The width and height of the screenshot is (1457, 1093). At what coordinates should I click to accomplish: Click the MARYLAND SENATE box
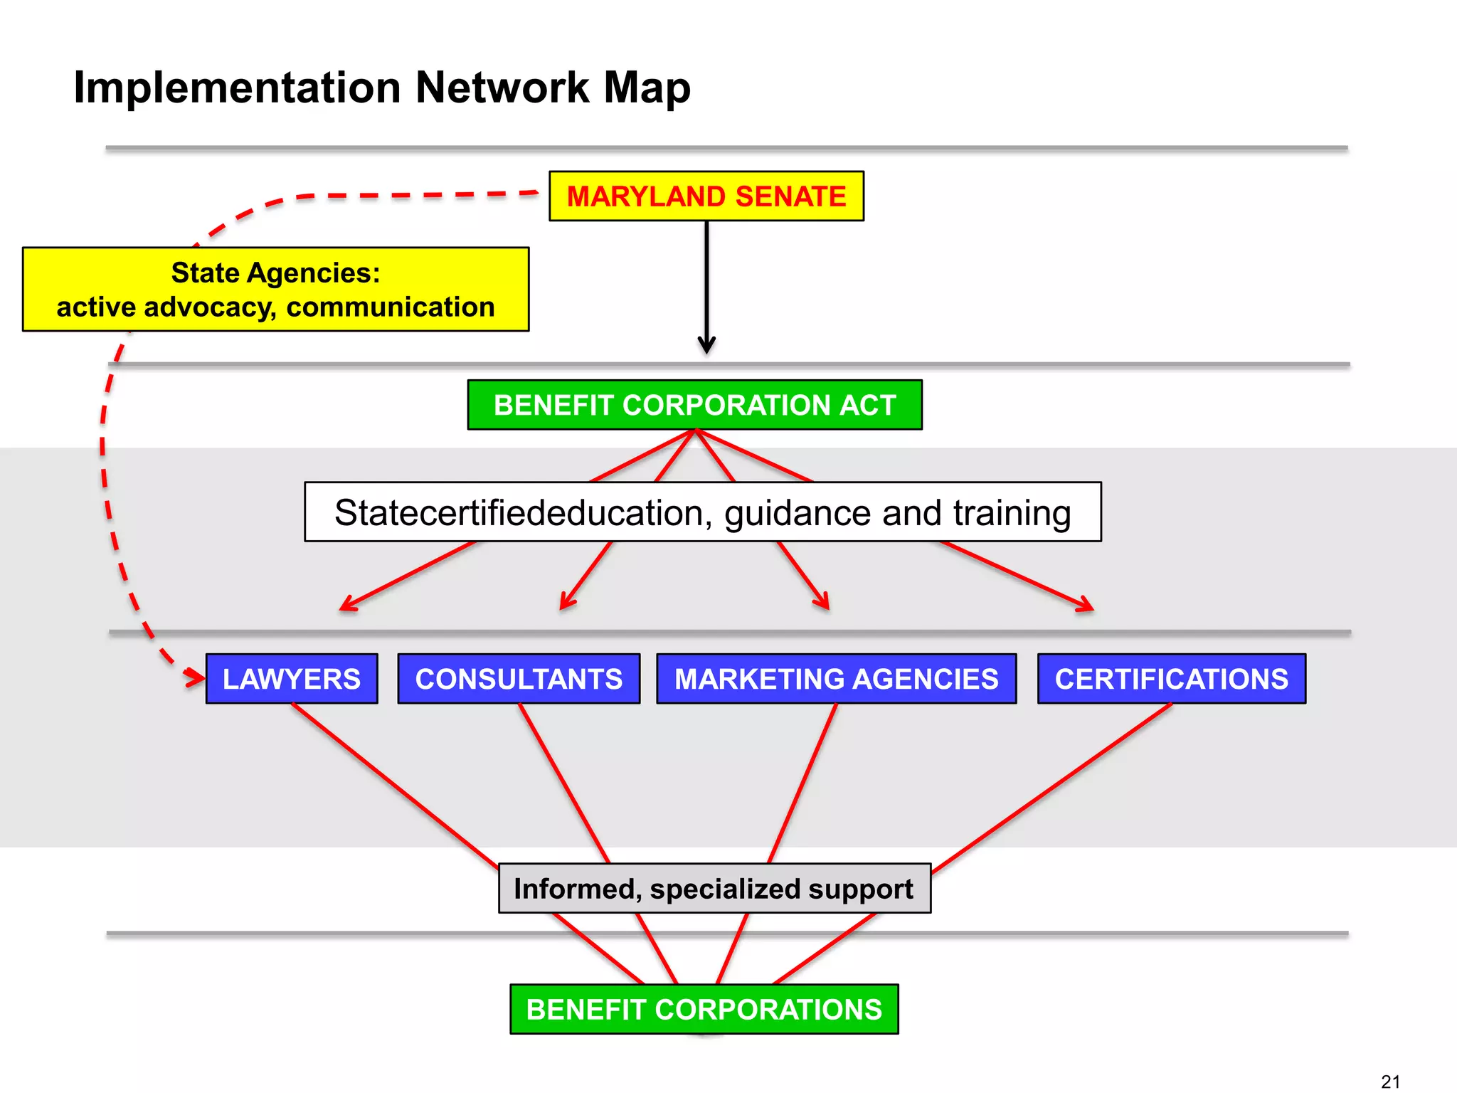(x=706, y=196)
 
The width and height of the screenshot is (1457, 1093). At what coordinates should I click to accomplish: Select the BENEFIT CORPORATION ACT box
(x=694, y=405)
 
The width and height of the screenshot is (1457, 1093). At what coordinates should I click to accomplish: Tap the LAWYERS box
(x=292, y=679)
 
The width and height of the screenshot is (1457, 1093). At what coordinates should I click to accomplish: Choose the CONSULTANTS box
(x=519, y=679)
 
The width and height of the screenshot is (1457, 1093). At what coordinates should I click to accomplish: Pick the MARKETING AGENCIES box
(x=836, y=679)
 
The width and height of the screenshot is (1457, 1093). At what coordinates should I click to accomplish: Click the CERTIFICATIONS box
(x=1171, y=679)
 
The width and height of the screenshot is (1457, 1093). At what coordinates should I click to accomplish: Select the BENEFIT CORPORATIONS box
(x=704, y=1009)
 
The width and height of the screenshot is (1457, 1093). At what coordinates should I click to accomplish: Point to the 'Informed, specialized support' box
(x=714, y=889)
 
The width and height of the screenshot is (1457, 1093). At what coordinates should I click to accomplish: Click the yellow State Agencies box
(x=275, y=290)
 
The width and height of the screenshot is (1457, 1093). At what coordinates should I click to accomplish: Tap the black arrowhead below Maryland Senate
(x=706, y=346)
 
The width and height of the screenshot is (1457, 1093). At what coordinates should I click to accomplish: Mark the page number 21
(x=1390, y=1082)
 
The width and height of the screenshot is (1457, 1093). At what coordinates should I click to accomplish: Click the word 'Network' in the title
(x=502, y=88)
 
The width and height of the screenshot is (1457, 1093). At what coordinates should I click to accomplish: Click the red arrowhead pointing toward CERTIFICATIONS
(x=1086, y=606)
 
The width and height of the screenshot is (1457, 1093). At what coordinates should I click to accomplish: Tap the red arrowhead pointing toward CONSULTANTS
(x=566, y=602)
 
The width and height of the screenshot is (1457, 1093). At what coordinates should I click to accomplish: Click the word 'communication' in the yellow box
(x=390, y=307)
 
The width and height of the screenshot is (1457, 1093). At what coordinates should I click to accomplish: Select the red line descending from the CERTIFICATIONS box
(x=1053, y=786)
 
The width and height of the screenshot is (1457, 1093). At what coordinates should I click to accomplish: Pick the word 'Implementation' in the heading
(x=237, y=88)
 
